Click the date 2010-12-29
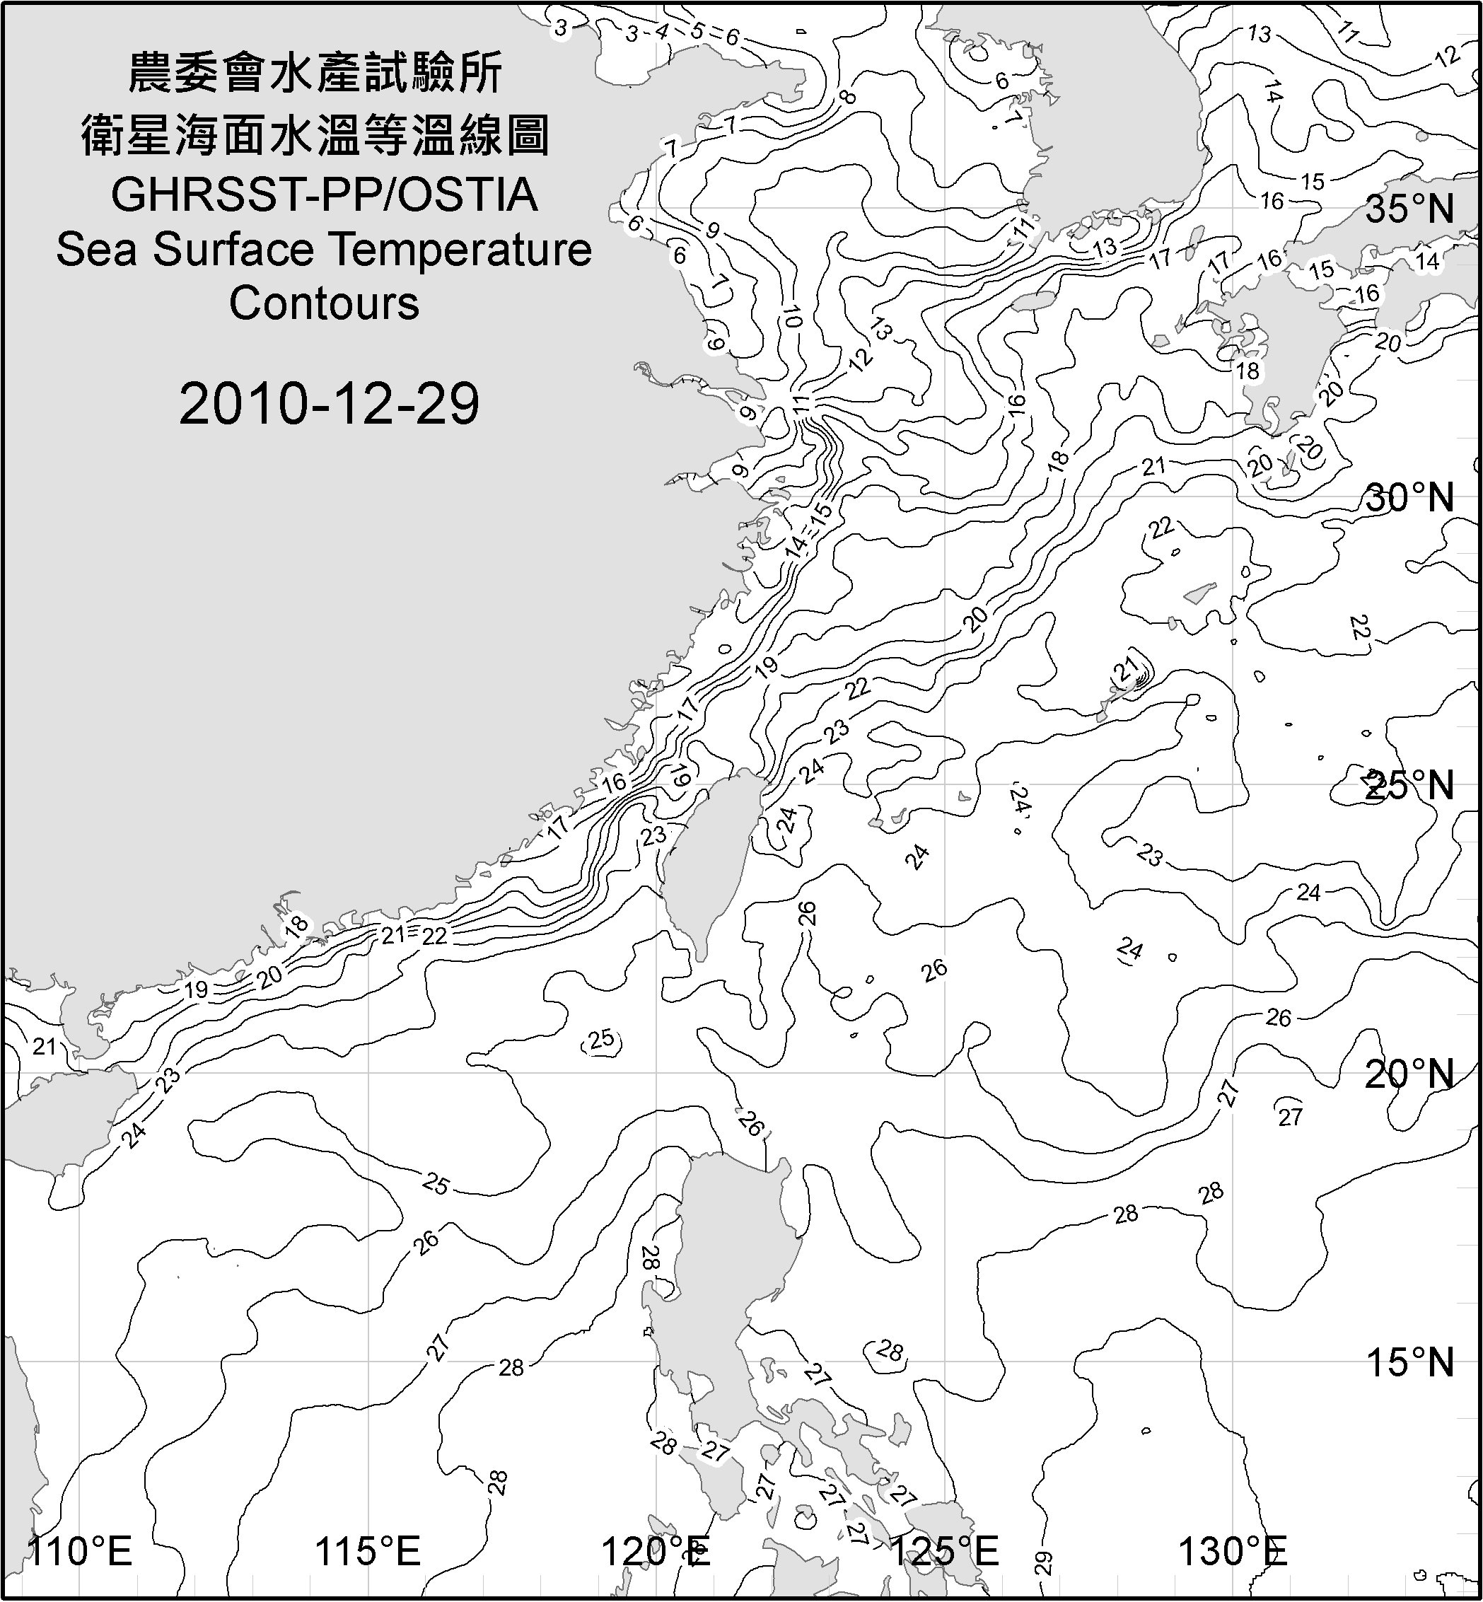click(329, 403)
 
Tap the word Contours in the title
click(324, 303)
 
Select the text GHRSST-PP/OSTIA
click(324, 195)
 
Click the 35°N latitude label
click(1409, 209)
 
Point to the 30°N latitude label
click(1409, 499)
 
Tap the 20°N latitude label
click(1409, 1074)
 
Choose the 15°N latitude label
click(1409, 1362)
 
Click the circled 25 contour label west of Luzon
click(601, 1040)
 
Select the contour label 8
click(847, 97)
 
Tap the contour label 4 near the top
click(661, 32)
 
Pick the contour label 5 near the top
click(697, 32)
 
